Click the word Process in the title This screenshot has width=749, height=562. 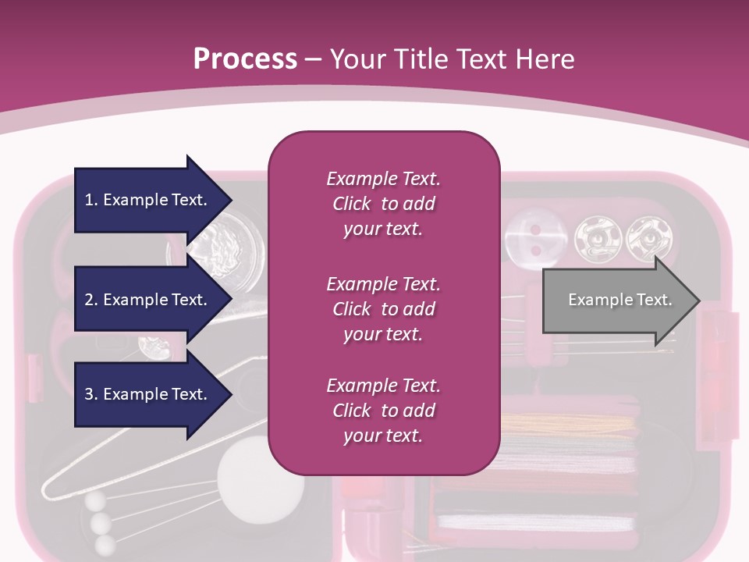[x=245, y=59]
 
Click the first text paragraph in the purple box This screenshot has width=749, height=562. [x=383, y=204]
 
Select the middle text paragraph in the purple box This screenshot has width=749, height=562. [x=383, y=309]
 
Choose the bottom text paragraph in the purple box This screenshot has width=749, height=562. [x=383, y=411]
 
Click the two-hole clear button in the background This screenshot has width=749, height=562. [x=534, y=238]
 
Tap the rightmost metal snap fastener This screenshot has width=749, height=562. [x=647, y=237]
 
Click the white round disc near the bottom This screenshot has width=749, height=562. [x=260, y=477]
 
